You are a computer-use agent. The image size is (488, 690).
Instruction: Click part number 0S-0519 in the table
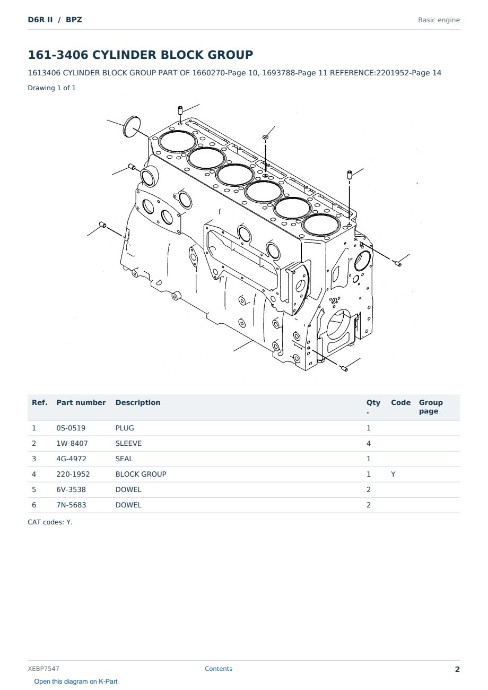point(71,428)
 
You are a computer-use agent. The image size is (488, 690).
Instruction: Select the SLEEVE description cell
point(128,443)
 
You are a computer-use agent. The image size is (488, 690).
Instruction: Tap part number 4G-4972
point(71,459)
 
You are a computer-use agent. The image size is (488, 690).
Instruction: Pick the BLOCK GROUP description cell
point(141,474)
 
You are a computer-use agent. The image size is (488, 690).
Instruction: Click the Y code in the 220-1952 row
point(393,474)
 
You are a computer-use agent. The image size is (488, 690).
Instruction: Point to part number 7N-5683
point(71,505)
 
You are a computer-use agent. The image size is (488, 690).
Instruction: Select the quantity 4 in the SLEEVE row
point(369,443)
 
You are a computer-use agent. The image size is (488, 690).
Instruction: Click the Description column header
point(138,403)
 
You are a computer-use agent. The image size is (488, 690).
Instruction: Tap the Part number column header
point(81,403)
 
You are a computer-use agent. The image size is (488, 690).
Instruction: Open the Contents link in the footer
point(219,669)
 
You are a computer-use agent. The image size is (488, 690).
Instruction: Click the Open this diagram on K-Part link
point(76,682)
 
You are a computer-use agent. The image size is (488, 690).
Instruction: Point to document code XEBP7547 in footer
point(43,669)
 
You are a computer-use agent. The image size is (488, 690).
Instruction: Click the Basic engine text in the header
point(439,20)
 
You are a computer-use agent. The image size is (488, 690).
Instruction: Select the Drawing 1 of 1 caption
point(52,88)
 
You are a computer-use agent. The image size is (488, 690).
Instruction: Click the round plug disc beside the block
point(132,127)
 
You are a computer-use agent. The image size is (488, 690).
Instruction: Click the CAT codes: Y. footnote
point(50,522)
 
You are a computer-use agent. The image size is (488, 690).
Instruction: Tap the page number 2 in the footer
point(457,669)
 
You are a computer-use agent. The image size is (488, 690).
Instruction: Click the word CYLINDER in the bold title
point(124,55)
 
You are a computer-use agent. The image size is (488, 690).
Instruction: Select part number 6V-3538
point(71,489)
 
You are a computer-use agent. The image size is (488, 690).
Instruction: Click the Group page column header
point(431,407)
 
